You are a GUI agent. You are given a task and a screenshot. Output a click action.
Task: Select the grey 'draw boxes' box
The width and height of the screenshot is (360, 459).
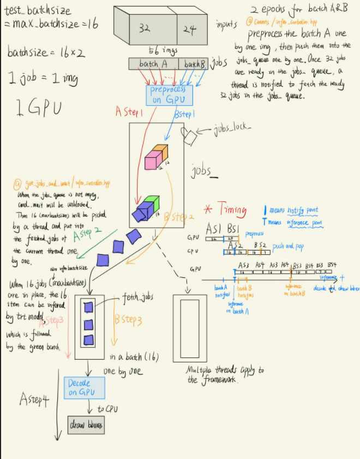[x=86, y=425]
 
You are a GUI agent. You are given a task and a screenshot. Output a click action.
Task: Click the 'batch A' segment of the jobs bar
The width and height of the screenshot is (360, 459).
[x=153, y=64]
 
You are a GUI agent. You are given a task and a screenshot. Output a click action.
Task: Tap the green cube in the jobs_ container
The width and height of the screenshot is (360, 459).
[x=152, y=204]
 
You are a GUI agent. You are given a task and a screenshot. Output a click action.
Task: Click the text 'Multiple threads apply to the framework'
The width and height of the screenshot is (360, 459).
[x=224, y=374]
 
